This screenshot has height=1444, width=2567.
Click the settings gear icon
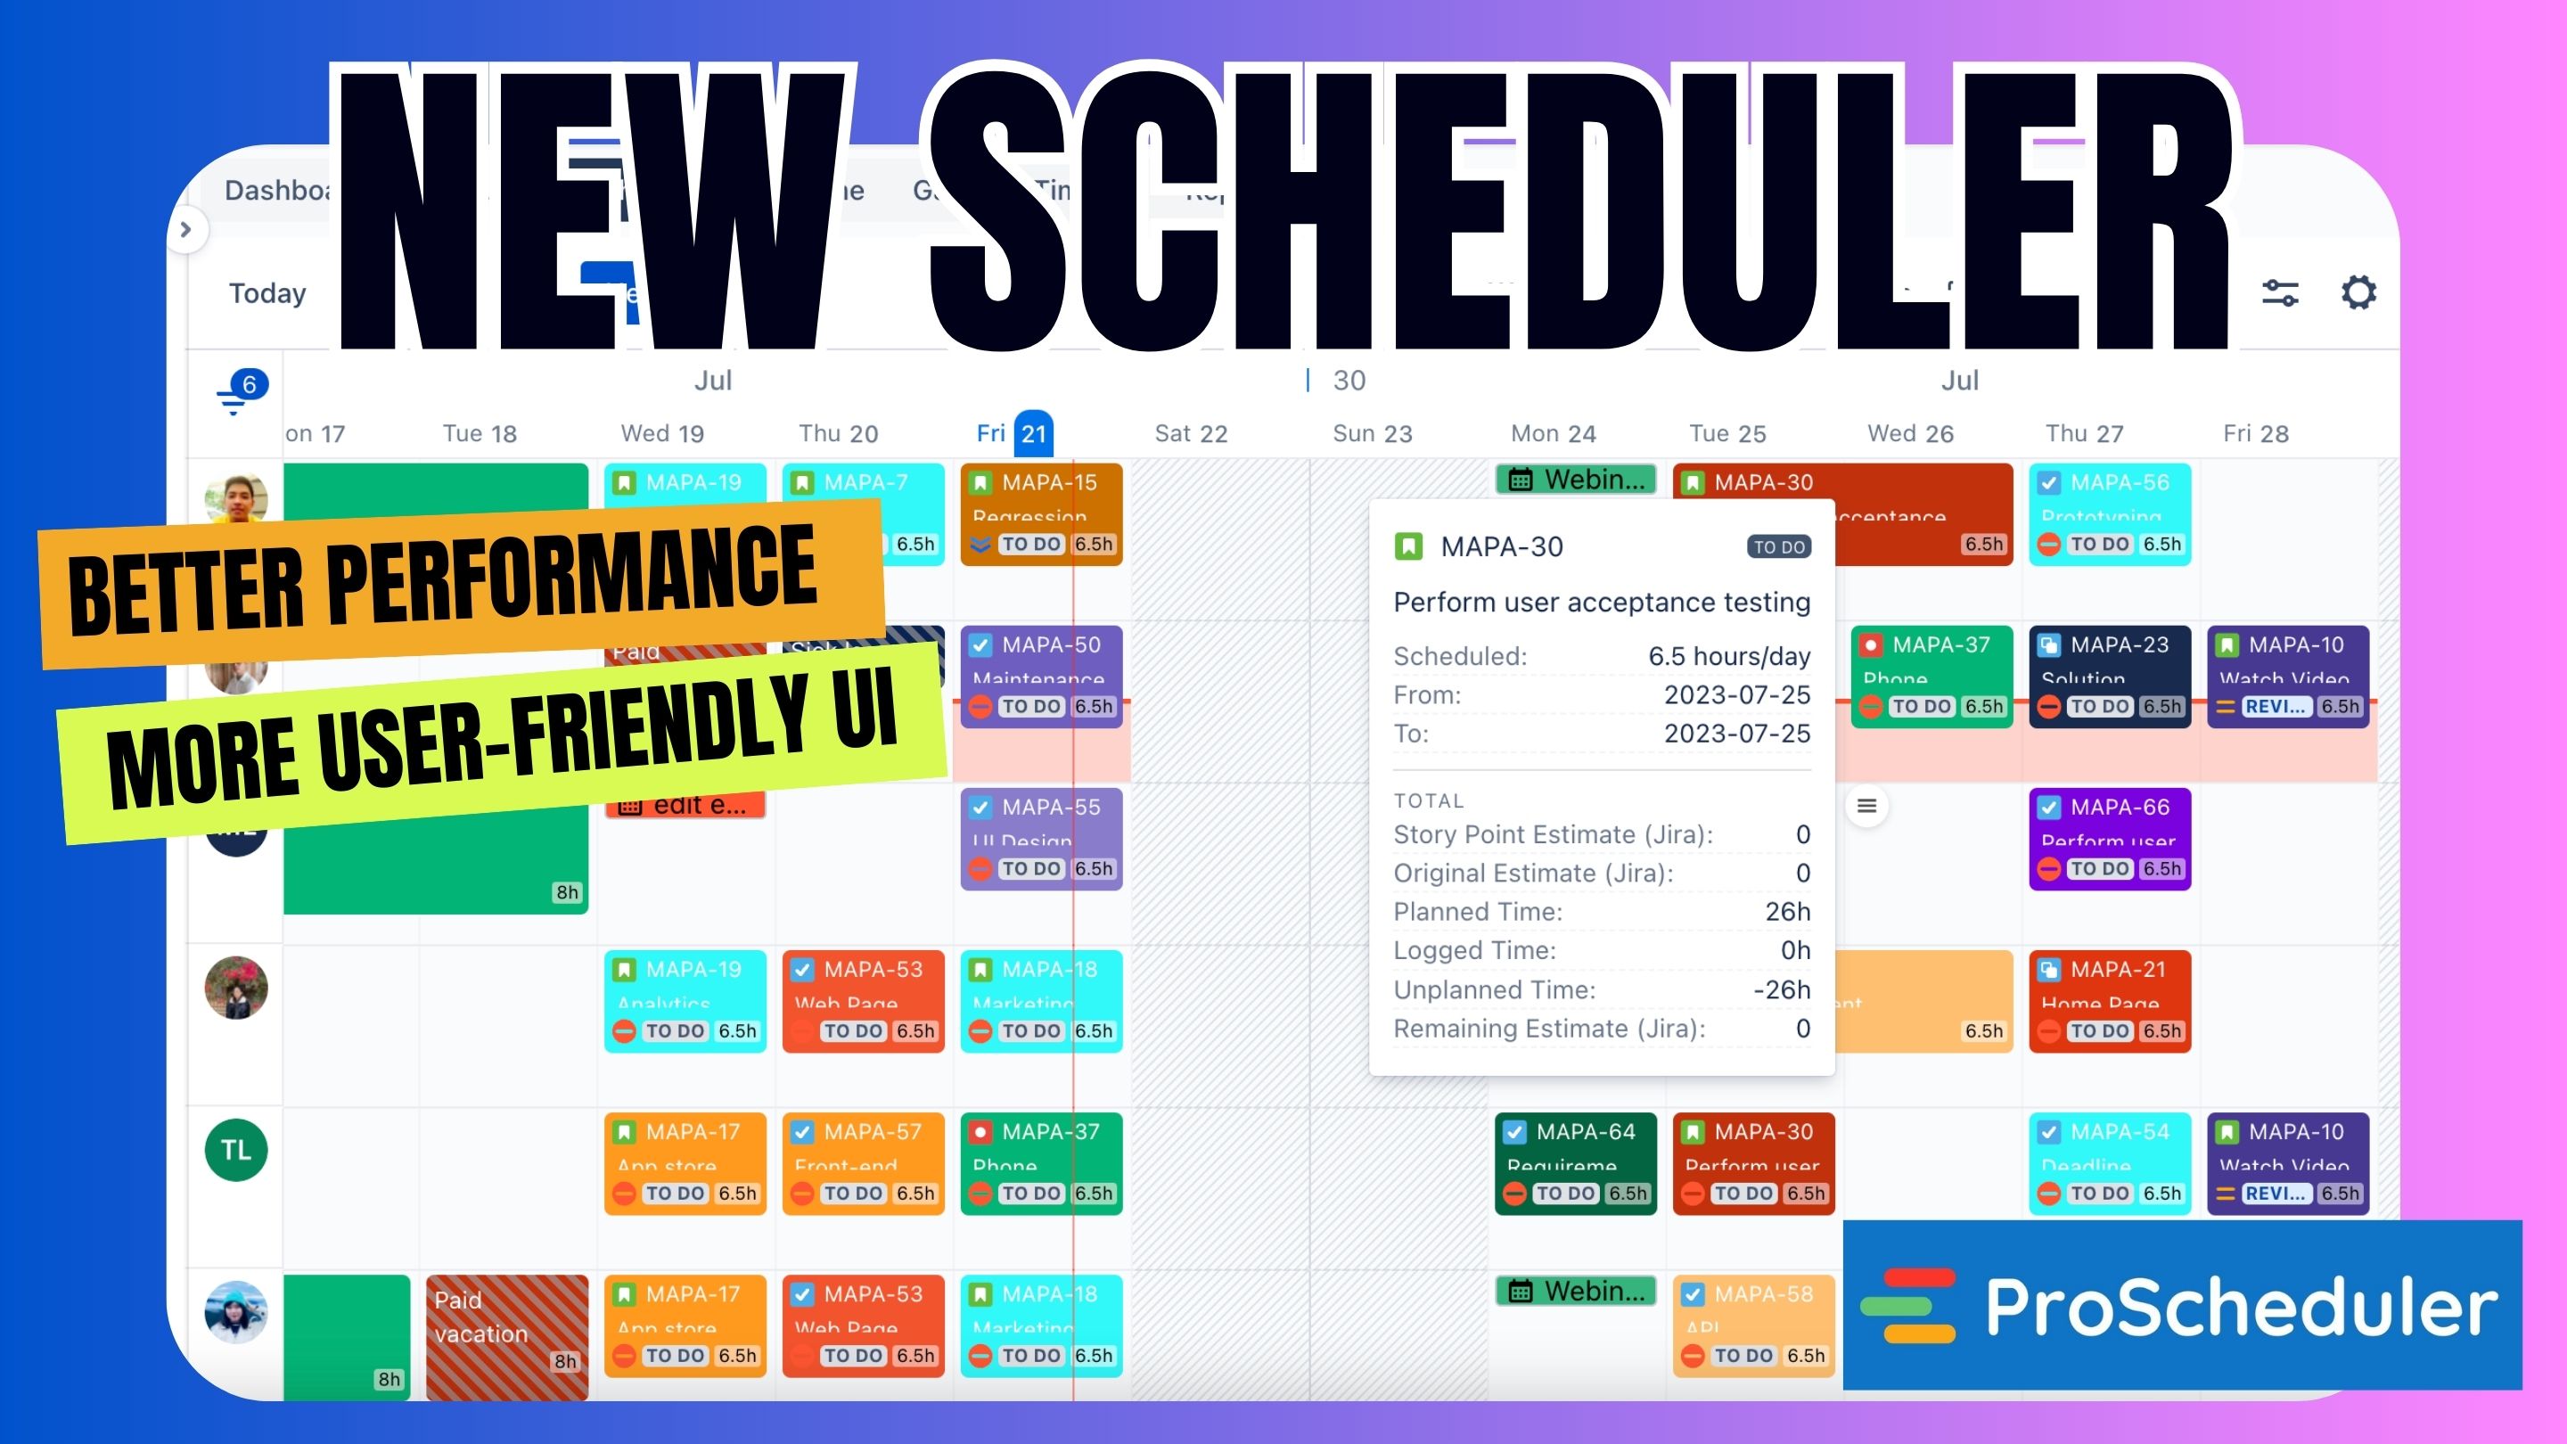pyautogui.click(x=2358, y=293)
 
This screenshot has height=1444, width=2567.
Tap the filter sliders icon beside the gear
pyautogui.click(x=2280, y=293)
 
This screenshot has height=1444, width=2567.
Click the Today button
pyautogui.click(x=267, y=293)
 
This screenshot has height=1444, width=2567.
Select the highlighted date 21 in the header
pyautogui.click(x=1033, y=433)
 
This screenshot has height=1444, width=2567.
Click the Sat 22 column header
pyautogui.click(x=1190, y=433)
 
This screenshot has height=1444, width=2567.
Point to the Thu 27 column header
pyautogui.click(x=2084, y=433)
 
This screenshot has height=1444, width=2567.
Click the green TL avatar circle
pyautogui.click(x=236, y=1150)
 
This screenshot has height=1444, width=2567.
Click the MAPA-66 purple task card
pyautogui.click(x=2109, y=837)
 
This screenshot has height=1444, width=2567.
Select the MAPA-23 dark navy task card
pyautogui.click(x=2109, y=675)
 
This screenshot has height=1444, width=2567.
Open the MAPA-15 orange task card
pyautogui.click(x=1040, y=513)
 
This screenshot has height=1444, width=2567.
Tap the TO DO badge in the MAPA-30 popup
pyautogui.click(x=1779, y=547)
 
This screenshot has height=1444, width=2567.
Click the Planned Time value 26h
pyautogui.click(x=1787, y=912)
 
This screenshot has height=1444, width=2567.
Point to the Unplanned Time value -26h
pyautogui.click(x=1781, y=989)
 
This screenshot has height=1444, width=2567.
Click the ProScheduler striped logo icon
pyautogui.click(x=1907, y=1306)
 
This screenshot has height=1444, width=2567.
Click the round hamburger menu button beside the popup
pyautogui.click(x=1866, y=806)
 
